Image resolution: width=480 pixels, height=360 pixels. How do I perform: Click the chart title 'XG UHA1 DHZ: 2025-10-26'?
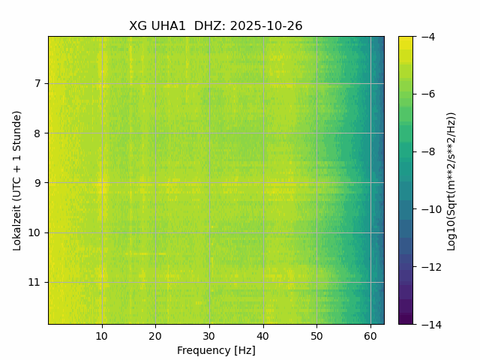tap(216, 26)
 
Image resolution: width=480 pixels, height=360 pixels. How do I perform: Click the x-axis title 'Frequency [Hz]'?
tap(216, 350)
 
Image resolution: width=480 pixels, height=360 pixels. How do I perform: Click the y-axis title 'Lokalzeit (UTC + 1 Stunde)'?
tap(17, 180)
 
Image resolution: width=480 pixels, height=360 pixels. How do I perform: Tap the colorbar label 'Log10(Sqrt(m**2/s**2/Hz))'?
tap(451, 180)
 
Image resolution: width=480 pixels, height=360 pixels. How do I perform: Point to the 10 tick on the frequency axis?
tap(102, 334)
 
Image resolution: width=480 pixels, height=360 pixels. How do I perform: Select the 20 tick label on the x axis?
tap(155, 334)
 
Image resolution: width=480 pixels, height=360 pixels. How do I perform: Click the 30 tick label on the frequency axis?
tap(209, 334)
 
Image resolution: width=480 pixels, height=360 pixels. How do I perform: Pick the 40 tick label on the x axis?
tap(263, 334)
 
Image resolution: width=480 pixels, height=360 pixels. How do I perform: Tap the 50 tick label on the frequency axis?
tap(316, 334)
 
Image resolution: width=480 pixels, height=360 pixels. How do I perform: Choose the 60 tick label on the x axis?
tap(370, 334)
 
